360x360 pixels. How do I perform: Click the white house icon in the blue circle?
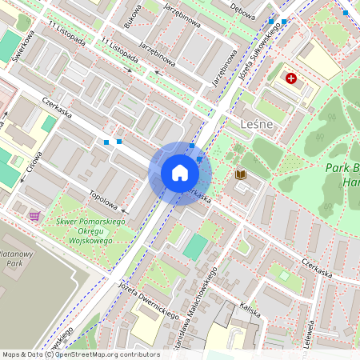pos(180,173)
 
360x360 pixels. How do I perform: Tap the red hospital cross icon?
pos(291,78)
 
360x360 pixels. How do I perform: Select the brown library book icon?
pos(240,174)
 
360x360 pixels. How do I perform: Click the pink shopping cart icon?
pos(34,215)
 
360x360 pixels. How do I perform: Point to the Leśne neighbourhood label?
pos(257,124)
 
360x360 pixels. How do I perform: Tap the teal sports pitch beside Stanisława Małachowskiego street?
pos(194,246)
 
